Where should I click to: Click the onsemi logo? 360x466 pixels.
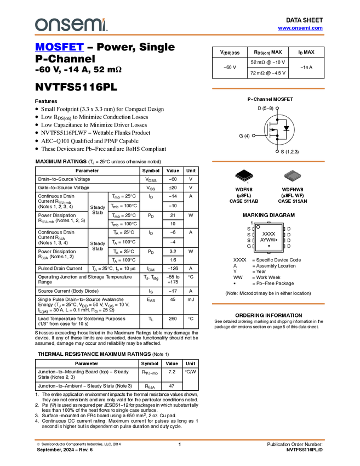[71, 25]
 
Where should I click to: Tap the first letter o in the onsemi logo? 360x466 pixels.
[40, 25]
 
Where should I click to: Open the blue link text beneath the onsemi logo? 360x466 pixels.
[59, 48]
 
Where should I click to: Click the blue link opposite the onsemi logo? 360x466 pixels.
[300, 28]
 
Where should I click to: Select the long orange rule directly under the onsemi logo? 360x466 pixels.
[180, 35]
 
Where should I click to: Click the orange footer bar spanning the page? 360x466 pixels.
[180, 440]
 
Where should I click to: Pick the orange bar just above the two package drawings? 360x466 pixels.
[268, 161]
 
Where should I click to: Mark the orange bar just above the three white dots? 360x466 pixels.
[268, 88]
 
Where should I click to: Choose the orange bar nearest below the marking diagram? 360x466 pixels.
[268, 303]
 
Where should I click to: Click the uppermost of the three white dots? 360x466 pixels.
[277, 108]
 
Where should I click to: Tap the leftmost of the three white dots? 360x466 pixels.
[254, 135]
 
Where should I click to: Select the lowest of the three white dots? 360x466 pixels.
[277, 151]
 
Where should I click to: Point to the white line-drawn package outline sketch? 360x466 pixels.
[244, 178]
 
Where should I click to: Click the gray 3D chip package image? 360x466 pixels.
[293, 175]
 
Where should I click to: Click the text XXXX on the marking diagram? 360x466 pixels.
[268, 234]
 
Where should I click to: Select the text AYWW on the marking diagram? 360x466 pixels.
[267, 240]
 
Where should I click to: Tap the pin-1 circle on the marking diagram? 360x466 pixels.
[258, 226]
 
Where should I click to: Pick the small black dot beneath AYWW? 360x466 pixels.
[268, 246]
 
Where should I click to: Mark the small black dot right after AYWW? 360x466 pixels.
[277, 240]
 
